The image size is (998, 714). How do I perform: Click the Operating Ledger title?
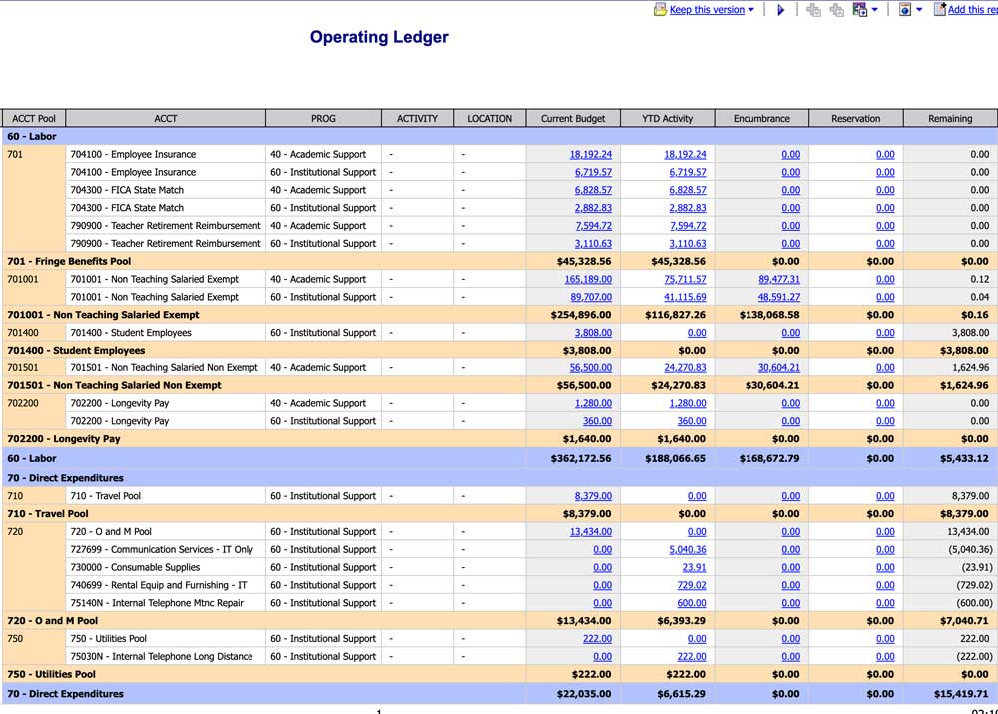(x=379, y=38)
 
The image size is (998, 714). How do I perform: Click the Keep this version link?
(x=707, y=10)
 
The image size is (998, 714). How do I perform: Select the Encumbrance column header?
(x=761, y=118)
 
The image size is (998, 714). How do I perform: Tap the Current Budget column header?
(x=573, y=118)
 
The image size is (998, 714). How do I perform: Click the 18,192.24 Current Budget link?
(x=591, y=155)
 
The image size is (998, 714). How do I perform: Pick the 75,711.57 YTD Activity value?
(x=685, y=280)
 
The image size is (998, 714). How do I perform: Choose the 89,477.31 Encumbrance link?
(x=779, y=280)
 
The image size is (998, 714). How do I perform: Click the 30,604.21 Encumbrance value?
(x=779, y=368)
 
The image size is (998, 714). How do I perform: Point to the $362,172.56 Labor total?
(x=581, y=458)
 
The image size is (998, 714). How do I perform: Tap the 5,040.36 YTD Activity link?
(x=687, y=550)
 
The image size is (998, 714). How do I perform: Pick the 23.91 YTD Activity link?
(x=694, y=567)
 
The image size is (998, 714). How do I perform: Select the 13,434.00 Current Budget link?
(x=591, y=532)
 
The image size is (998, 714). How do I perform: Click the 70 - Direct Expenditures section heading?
(x=65, y=478)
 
